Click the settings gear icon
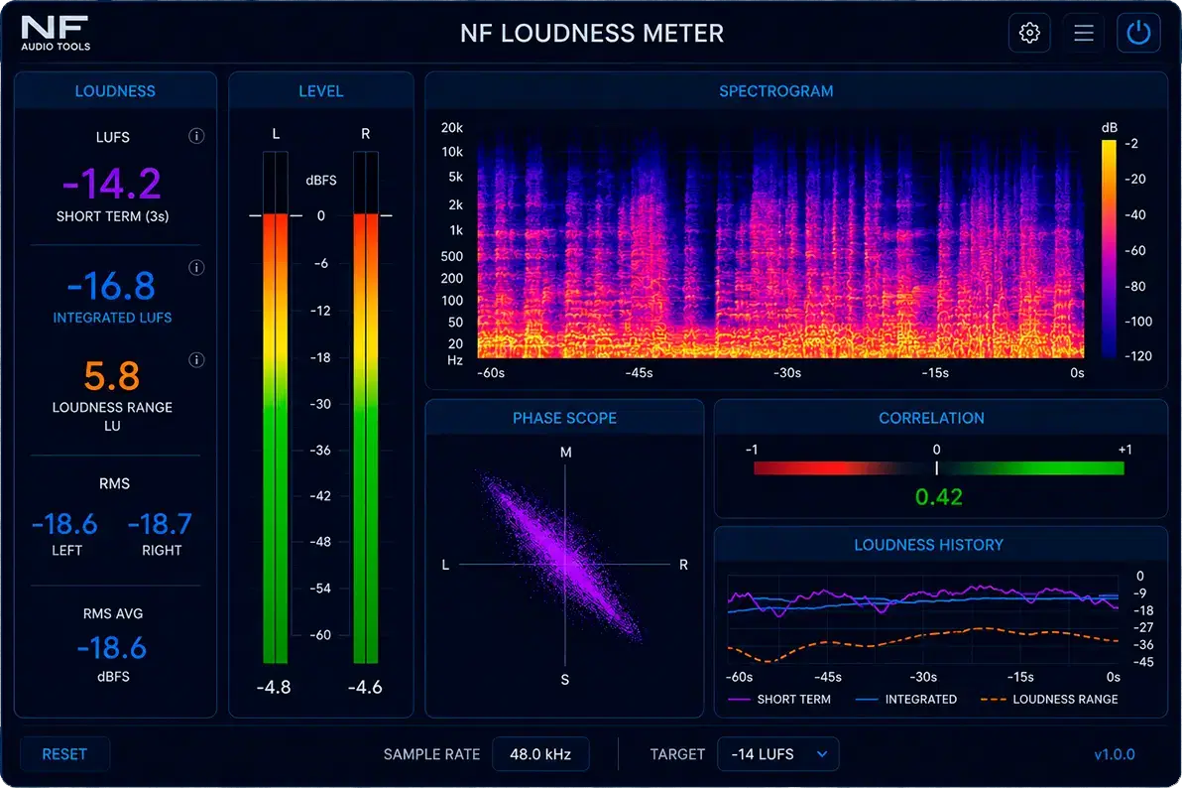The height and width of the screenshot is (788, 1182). (1029, 33)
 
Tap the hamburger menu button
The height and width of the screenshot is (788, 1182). (1083, 33)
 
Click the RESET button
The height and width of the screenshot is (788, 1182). (64, 754)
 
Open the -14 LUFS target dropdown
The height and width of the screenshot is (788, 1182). (778, 754)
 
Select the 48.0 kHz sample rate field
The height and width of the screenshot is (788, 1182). (540, 754)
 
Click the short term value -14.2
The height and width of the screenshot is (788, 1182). (112, 184)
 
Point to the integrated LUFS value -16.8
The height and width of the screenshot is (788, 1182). (112, 286)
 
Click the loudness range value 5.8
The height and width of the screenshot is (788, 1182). (112, 376)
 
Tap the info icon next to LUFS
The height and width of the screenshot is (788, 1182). (196, 136)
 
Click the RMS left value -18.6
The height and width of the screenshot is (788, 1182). (64, 524)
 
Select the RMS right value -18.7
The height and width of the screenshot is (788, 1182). (161, 524)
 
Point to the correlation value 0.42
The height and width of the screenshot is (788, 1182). (938, 496)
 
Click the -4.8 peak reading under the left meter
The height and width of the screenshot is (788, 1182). (274, 687)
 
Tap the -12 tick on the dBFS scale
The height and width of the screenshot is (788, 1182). (321, 311)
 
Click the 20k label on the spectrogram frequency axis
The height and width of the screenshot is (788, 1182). (452, 128)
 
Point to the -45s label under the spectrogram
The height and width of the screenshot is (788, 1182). (640, 373)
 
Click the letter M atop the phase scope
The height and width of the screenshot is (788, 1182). (566, 453)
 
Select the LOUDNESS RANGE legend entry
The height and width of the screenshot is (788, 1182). (1049, 699)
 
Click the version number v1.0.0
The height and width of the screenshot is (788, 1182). (1115, 754)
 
